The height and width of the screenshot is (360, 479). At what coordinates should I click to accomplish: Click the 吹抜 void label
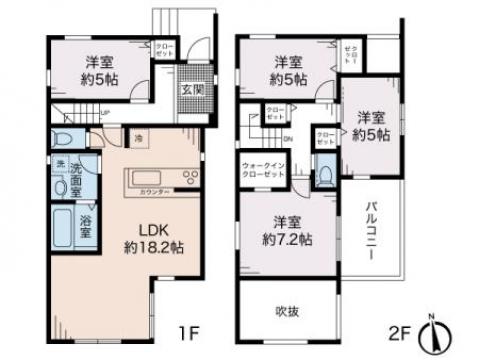(x=287, y=310)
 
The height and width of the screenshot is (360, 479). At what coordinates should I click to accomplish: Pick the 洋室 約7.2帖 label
(x=287, y=231)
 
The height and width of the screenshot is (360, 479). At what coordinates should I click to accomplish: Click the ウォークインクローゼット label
(x=263, y=169)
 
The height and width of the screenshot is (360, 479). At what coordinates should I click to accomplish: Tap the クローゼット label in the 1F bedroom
(x=161, y=48)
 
